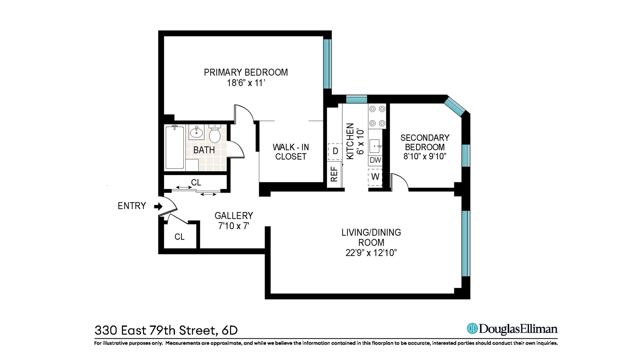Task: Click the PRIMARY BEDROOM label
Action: pos(246,72)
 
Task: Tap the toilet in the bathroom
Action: pos(215,134)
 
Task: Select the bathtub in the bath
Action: pos(175,147)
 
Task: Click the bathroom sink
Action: pos(196,132)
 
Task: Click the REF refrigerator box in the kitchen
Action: pos(334,174)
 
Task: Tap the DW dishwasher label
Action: pos(375,160)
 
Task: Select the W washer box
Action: pos(375,177)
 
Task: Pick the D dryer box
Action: pos(335,151)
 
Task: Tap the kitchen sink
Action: pos(375,146)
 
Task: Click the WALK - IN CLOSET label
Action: pos(291,152)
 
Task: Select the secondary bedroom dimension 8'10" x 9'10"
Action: pos(425,156)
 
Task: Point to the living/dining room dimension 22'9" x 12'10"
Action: pos(371,253)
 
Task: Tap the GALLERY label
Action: pos(234,216)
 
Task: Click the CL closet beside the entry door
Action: pos(179,237)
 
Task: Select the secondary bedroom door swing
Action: pos(399,182)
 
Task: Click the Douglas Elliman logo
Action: pos(512,329)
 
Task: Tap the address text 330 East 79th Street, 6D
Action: pos(166,330)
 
